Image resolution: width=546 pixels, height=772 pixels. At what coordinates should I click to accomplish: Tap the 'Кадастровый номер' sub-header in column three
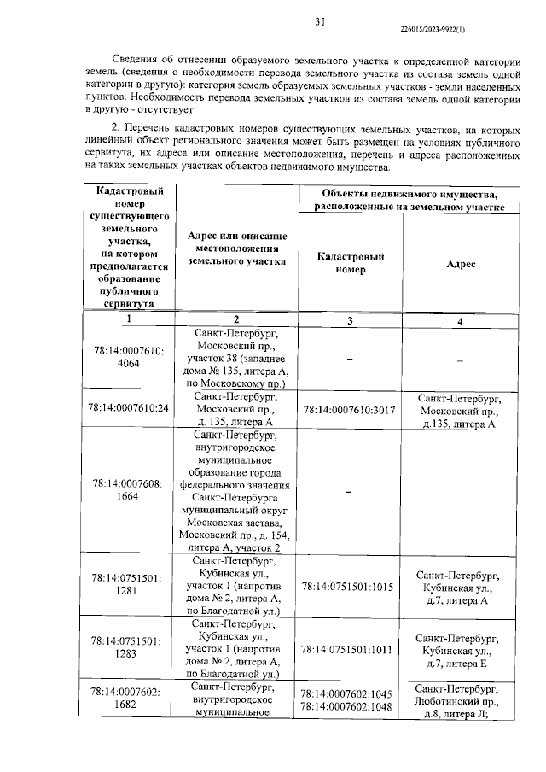tap(350, 262)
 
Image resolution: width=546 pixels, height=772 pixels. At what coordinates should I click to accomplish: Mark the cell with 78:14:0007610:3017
tap(350, 410)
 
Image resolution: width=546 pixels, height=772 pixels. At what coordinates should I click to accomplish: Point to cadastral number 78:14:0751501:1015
tap(350, 588)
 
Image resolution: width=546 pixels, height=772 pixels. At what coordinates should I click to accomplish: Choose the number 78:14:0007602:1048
tap(350, 706)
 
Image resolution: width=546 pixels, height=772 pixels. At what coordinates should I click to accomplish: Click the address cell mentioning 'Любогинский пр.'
tap(461, 701)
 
